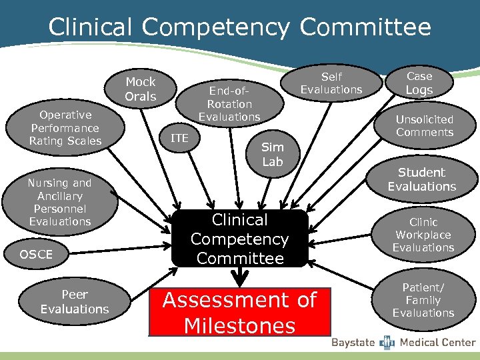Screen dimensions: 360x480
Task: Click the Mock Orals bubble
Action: point(141,89)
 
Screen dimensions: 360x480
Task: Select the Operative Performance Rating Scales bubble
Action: point(65,128)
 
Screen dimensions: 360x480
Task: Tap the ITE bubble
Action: point(179,139)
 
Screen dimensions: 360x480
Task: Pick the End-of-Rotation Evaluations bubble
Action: point(229,103)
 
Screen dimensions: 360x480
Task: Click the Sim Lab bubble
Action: point(272,154)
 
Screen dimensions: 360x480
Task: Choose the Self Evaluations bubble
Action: point(331,83)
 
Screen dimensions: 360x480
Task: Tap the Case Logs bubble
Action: point(419,83)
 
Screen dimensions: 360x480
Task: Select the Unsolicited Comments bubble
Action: point(424,126)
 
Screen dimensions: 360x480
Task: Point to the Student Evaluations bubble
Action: point(422,179)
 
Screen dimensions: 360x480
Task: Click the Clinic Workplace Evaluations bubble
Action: point(423,235)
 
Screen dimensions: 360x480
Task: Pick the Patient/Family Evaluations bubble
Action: point(423,300)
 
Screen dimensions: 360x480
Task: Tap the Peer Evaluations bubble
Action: point(75,301)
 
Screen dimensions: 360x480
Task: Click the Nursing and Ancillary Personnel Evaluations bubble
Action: point(60,202)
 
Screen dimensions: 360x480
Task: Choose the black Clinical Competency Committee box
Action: point(239,239)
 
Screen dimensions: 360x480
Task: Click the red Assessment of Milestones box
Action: point(239,311)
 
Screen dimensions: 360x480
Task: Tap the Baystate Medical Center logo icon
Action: point(387,343)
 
